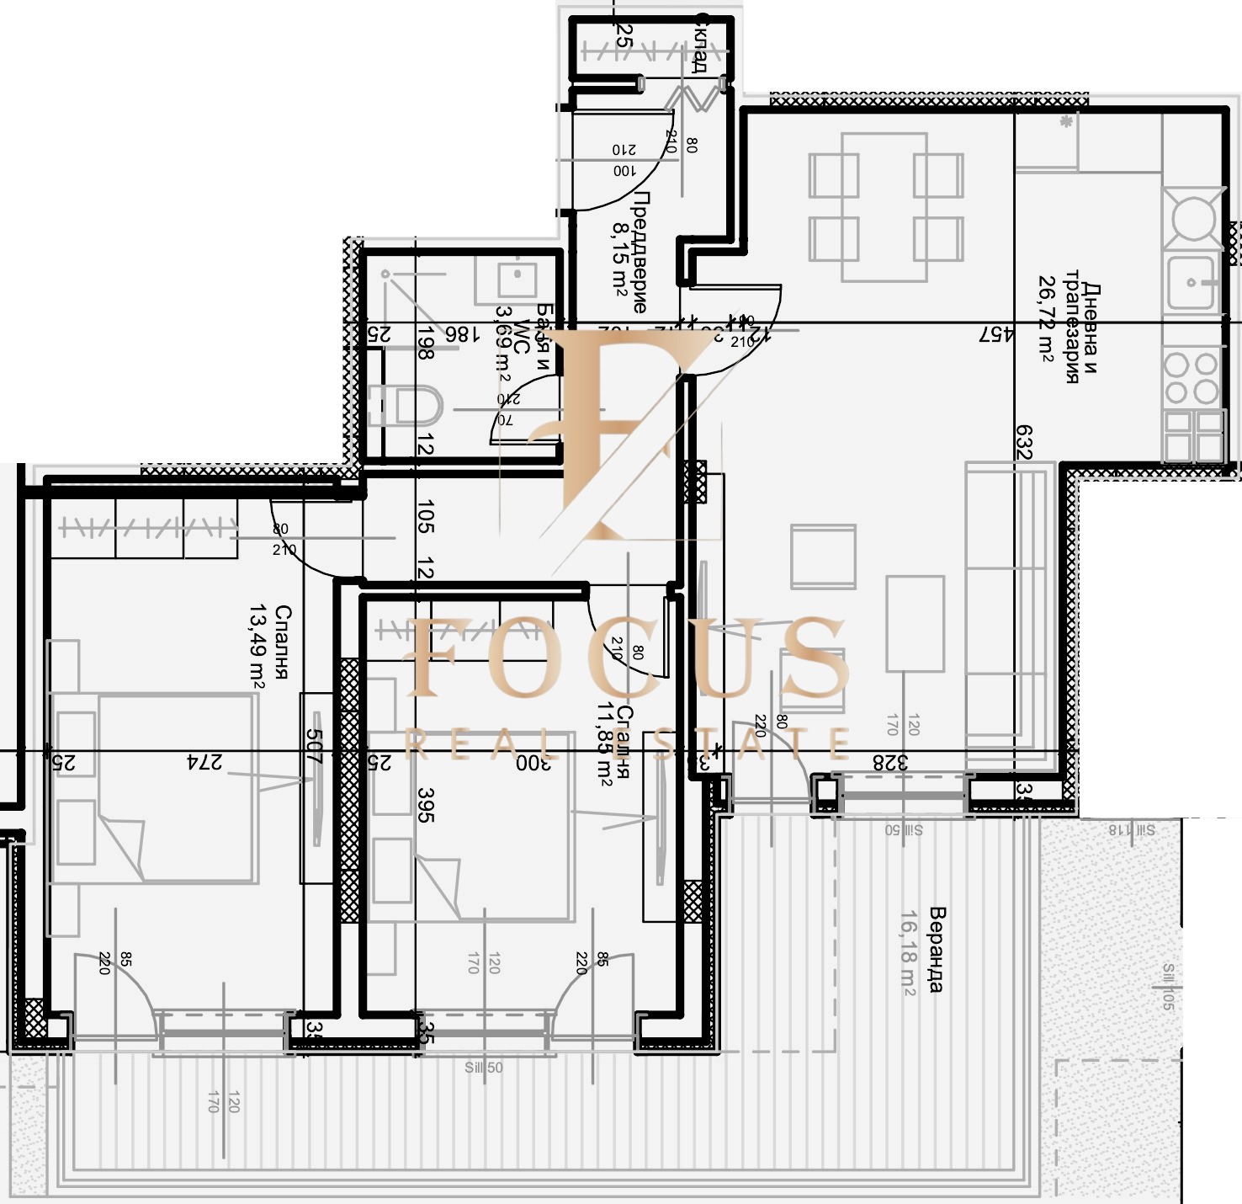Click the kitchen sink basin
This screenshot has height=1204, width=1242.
click(1191, 281)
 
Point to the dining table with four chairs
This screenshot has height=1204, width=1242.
click(885, 207)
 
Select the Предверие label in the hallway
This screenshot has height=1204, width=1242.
click(640, 252)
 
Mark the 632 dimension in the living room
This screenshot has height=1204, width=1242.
click(1023, 441)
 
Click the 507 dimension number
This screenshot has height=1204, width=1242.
click(314, 746)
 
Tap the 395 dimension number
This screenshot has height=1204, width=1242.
click(426, 805)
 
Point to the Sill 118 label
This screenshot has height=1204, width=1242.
click(1131, 830)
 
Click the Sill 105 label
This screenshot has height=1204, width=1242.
click(1168, 987)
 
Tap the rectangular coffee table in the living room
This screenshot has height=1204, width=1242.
click(915, 623)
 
